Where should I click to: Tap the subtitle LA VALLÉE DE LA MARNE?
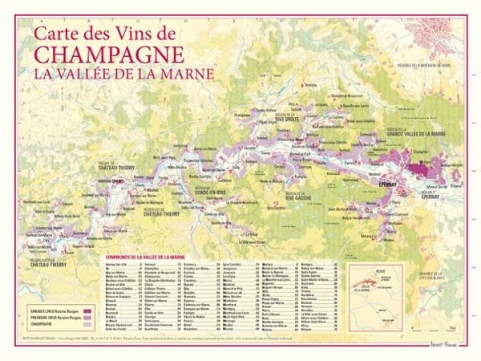[x=123, y=73]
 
